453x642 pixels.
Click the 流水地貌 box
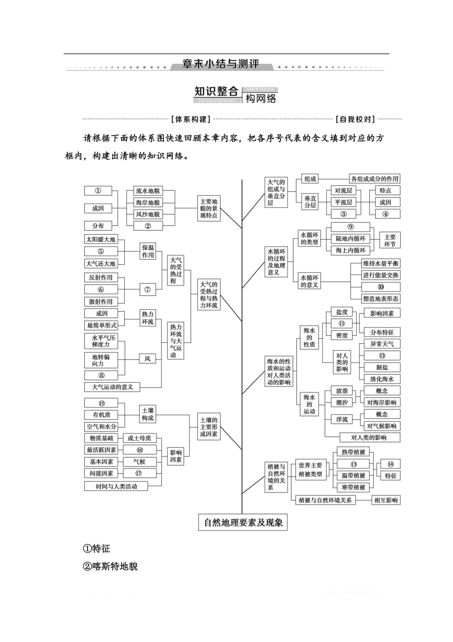click(148, 191)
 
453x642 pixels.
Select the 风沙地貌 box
click(148, 214)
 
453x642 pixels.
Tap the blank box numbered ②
click(148, 226)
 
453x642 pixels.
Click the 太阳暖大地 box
click(101, 240)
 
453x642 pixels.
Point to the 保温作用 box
click(148, 251)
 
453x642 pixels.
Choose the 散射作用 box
click(101, 302)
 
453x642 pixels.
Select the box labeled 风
click(148, 359)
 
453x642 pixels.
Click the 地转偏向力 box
click(101, 360)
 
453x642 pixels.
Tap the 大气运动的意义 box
click(112, 387)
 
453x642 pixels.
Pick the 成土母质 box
click(139, 438)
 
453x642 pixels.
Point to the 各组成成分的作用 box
click(374, 178)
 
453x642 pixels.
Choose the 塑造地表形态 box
click(381, 298)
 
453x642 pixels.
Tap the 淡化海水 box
click(382, 379)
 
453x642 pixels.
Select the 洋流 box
click(342, 420)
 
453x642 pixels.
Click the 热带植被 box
click(353, 452)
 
